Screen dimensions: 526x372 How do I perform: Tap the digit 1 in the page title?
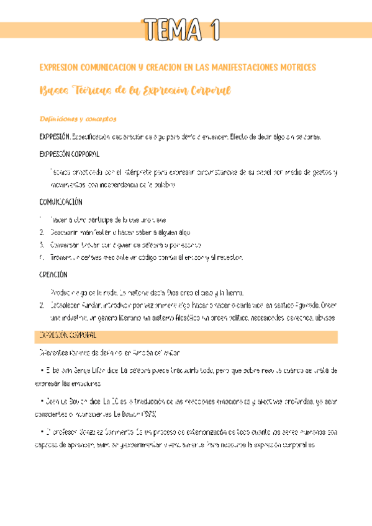[x=215, y=29]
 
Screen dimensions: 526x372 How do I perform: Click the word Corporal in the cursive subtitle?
[x=207, y=91]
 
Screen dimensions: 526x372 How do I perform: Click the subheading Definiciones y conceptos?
[x=78, y=119]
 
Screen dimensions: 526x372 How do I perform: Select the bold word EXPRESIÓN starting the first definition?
[x=55, y=137]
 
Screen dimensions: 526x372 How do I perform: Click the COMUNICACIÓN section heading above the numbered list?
[x=61, y=202]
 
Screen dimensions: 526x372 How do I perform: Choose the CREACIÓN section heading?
[x=53, y=274]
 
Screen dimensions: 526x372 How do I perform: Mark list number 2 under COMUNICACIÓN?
[x=41, y=232]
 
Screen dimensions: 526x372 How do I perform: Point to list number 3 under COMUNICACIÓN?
[x=41, y=244]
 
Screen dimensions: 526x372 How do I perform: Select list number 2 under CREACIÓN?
[x=41, y=305]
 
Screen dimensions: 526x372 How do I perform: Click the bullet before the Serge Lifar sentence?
[x=40, y=371]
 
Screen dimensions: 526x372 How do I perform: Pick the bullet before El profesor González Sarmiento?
[x=40, y=431]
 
